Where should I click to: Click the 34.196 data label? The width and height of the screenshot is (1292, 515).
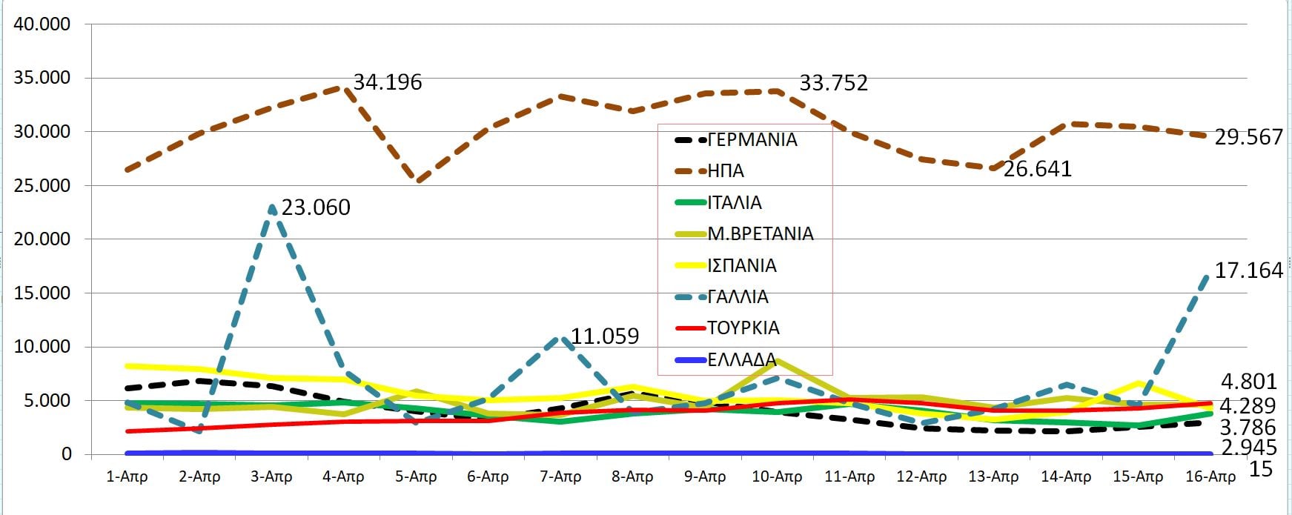tap(387, 82)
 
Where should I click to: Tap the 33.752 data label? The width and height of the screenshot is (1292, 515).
tap(833, 83)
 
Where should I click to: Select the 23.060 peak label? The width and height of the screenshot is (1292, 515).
tap(316, 207)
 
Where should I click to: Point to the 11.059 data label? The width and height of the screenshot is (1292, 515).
tap(605, 336)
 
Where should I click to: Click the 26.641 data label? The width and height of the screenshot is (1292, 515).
tap(1037, 169)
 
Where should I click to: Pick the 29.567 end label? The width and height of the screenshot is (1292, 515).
tap(1248, 137)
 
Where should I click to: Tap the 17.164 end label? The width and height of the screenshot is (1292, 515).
tap(1248, 270)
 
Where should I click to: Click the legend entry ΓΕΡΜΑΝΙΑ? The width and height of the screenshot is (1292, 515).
tap(752, 140)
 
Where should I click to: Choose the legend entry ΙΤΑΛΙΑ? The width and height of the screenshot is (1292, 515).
tap(734, 203)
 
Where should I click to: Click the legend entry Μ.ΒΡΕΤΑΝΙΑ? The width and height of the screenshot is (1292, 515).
tap(760, 234)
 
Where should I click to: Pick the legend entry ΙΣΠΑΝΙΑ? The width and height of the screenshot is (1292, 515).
tap(741, 266)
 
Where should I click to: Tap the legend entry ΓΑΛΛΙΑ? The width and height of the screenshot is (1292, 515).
tap(738, 297)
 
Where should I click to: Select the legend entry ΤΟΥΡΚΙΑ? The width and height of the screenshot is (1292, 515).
tap(743, 328)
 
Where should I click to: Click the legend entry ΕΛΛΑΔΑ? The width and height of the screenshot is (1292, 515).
tap(741, 360)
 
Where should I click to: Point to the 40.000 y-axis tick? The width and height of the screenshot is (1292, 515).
tap(43, 24)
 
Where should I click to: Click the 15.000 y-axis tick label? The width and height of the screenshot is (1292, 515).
tap(43, 293)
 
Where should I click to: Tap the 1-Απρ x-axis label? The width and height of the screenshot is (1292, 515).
tap(127, 476)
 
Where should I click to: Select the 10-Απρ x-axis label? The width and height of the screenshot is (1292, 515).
tap(777, 476)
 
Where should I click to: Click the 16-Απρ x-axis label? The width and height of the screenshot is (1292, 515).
tap(1210, 476)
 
